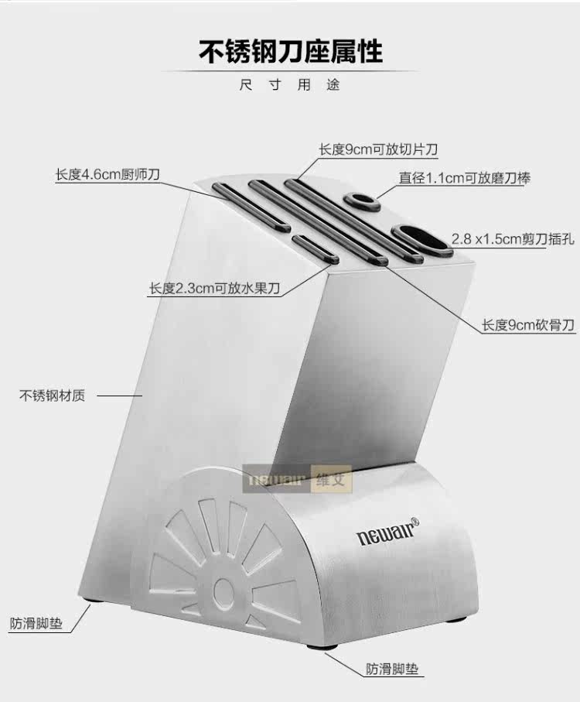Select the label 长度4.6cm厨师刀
coord(107,174)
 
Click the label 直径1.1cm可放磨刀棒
coord(464,178)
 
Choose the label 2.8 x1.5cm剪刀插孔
coord(512,239)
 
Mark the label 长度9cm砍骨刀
coord(528,325)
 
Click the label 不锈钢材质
coord(52,396)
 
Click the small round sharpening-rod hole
coord(361,200)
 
